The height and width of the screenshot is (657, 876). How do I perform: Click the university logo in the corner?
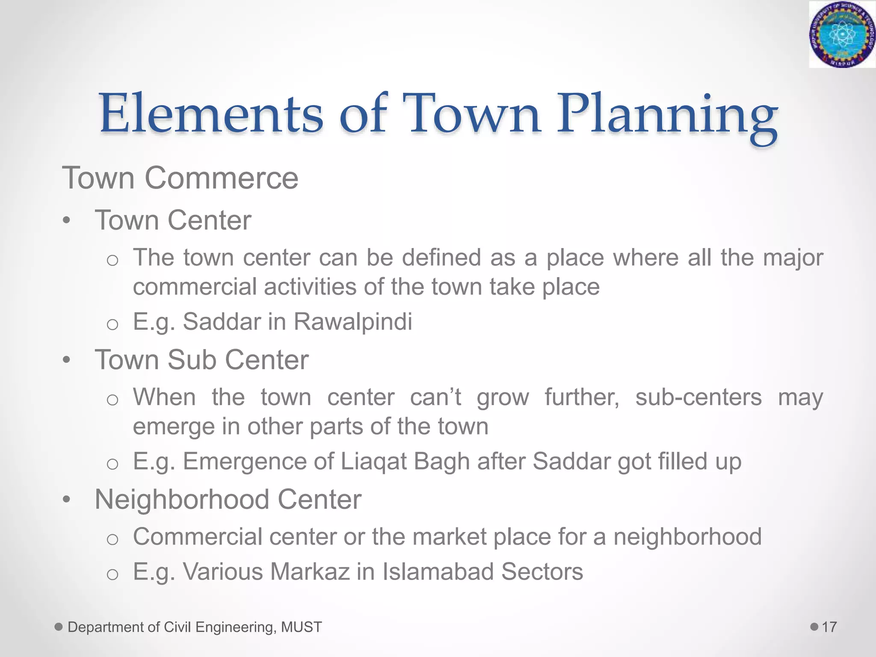click(842, 34)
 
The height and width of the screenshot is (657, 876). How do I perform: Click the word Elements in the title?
click(211, 114)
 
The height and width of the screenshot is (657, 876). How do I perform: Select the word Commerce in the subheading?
click(221, 178)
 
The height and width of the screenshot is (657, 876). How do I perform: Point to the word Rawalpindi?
click(353, 322)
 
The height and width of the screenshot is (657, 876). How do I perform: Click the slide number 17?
click(829, 627)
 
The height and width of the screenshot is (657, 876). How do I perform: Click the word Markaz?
click(310, 571)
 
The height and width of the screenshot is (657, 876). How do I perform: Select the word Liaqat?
click(373, 462)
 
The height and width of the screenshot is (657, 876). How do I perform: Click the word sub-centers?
click(698, 397)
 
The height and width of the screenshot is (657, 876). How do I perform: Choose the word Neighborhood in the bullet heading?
click(182, 499)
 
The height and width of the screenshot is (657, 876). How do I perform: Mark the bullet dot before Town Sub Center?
click(66, 360)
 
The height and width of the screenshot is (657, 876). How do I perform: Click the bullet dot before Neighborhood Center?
click(66, 500)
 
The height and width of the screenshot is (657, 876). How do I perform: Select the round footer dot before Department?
click(59, 627)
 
